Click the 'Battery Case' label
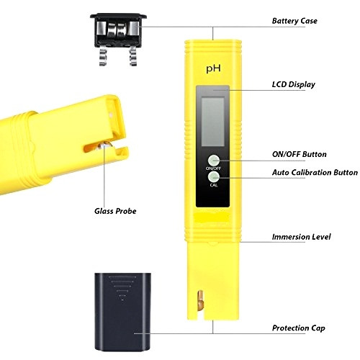[x=294, y=21]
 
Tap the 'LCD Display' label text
[x=294, y=84]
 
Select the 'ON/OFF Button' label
[x=300, y=154]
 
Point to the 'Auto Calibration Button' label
[x=315, y=172]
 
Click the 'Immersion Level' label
[x=301, y=237]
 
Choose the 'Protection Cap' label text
[x=299, y=328]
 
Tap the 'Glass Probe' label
[x=115, y=211]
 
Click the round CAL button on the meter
[x=214, y=177]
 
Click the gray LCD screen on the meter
[x=213, y=122]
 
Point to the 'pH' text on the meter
[x=213, y=69]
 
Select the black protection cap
[x=122, y=312]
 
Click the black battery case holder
[x=118, y=30]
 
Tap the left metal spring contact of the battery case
[x=104, y=56]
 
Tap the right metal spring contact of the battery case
[x=132, y=56]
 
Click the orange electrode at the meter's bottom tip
[x=199, y=300]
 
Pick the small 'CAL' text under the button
[x=214, y=185]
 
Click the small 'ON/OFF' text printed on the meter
[x=213, y=168]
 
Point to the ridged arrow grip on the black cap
[x=122, y=287]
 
